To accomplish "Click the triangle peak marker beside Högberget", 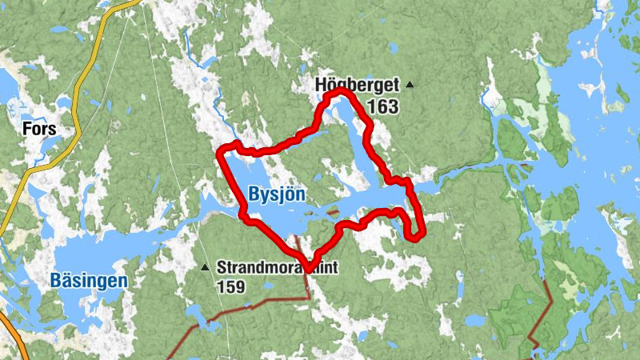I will click(410, 84).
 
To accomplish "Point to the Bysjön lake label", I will click(277, 194).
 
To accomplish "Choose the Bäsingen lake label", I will click(88, 280).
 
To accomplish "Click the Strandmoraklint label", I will click(272, 268).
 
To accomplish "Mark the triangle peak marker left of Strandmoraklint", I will click(205, 267).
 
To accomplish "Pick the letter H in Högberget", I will click(320, 84).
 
